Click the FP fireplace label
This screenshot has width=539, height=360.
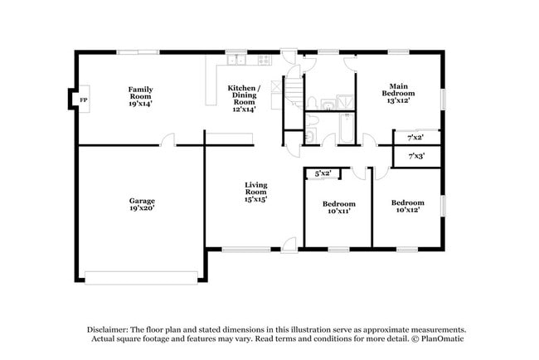click(x=83, y=100)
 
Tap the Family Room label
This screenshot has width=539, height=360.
click(x=141, y=97)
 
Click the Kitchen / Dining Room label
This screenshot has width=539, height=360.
click(x=245, y=97)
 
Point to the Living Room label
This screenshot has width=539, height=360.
click(x=255, y=192)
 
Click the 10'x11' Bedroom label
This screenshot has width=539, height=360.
click(x=338, y=207)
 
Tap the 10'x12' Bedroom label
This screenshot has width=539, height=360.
click(x=407, y=207)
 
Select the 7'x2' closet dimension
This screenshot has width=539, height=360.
click(x=415, y=136)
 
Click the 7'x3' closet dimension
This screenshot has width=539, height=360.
click(x=415, y=155)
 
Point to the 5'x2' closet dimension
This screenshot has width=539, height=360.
click(x=323, y=173)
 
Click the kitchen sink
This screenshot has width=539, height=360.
click(x=236, y=59)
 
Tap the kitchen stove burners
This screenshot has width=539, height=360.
click(x=265, y=59)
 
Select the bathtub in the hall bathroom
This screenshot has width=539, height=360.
click(x=341, y=129)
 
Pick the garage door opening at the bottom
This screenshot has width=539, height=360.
click(x=142, y=277)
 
